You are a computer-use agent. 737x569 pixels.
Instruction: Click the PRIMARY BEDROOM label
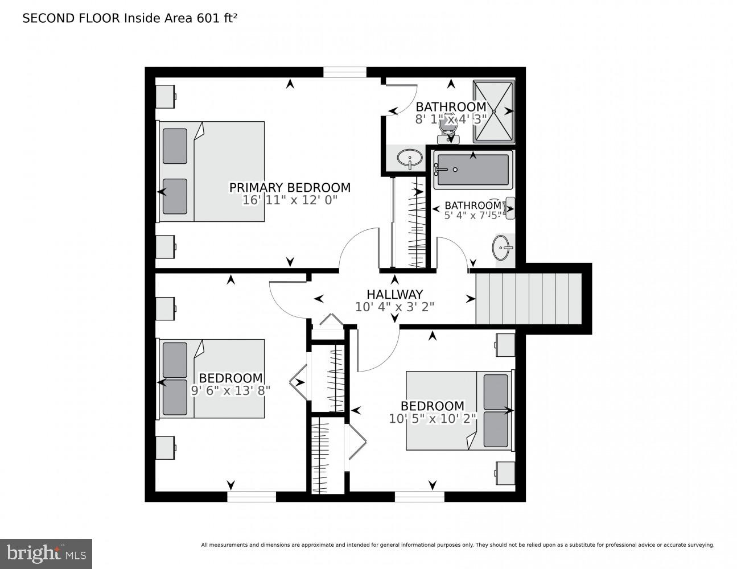[x=290, y=187]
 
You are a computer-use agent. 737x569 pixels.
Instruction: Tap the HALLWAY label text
[x=394, y=294]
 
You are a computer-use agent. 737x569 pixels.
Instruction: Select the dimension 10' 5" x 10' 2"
[x=433, y=419]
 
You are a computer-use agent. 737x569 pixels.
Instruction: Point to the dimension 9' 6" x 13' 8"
[x=230, y=390]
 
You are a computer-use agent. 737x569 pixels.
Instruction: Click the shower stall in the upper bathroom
[x=494, y=111]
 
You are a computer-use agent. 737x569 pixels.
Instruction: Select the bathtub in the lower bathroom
[x=472, y=169]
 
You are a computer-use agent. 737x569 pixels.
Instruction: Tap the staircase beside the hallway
[x=528, y=299]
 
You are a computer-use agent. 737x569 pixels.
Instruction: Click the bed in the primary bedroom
[x=211, y=171]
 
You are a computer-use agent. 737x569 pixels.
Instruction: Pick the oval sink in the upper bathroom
[x=409, y=156]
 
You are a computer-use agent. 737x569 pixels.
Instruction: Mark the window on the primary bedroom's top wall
[x=345, y=72]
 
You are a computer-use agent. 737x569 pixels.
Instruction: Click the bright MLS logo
[x=46, y=553]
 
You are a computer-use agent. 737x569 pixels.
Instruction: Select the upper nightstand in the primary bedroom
[x=166, y=97]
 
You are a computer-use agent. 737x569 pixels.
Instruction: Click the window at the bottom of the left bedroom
[x=252, y=497]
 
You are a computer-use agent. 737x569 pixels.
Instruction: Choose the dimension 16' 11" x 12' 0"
[x=290, y=200]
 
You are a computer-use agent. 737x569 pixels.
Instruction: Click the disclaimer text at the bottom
[x=457, y=545]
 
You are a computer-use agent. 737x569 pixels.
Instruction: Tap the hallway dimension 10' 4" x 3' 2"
[x=394, y=307]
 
